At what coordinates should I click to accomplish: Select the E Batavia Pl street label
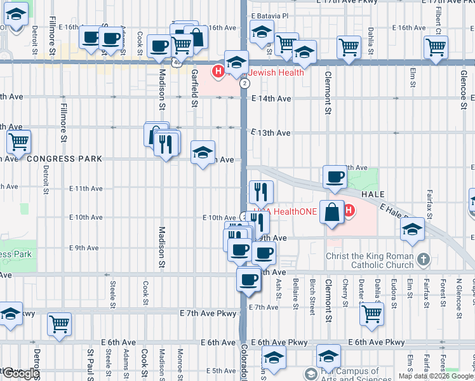pos(270,16)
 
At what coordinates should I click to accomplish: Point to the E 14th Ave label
pos(271,98)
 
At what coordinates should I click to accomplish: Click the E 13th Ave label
pos(271,133)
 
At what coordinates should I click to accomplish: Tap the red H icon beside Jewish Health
pos(218,72)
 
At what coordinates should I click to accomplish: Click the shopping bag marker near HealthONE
pos(332,211)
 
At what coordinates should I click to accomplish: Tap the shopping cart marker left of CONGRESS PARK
pos(18,142)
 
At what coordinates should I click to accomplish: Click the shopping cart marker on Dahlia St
pos(371,313)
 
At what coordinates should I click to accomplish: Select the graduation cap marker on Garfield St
pos(203,152)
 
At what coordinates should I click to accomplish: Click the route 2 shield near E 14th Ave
pos(244,83)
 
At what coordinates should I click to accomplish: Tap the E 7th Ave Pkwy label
pos(208,314)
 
